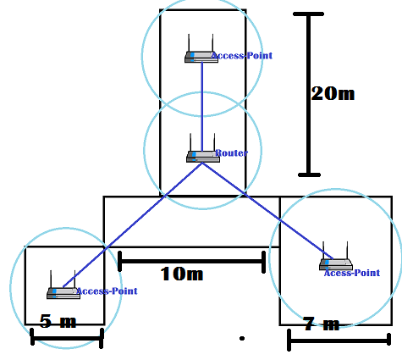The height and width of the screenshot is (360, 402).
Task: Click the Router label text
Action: (x=231, y=153)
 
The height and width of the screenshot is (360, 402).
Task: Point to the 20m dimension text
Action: (x=333, y=93)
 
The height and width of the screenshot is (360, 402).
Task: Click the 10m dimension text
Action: (x=182, y=274)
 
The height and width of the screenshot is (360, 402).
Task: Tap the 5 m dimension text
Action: (x=58, y=321)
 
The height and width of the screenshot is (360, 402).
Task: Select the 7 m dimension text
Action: (x=321, y=324)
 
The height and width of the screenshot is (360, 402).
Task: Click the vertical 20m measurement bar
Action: (x=309, y=94)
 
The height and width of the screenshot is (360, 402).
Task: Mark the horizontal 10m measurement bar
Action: (x=191, y=262)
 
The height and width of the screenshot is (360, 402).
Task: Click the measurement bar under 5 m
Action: (x=67, y=338)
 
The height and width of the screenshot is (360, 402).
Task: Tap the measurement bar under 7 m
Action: (x=339, y=341)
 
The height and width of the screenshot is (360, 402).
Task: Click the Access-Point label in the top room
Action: (x=242, y=56)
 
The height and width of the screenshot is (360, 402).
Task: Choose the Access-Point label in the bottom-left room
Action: (x=107, y=291)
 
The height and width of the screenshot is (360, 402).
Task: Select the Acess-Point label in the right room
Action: (x=352, y=273)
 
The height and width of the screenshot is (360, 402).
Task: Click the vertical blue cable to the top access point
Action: (x=202, y=107)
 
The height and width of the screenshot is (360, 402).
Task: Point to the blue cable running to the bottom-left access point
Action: (x=133, y=224)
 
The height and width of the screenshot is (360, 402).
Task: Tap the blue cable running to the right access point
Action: (x=267, y=211)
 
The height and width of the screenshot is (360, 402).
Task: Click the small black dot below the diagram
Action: (x=242, y=338)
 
